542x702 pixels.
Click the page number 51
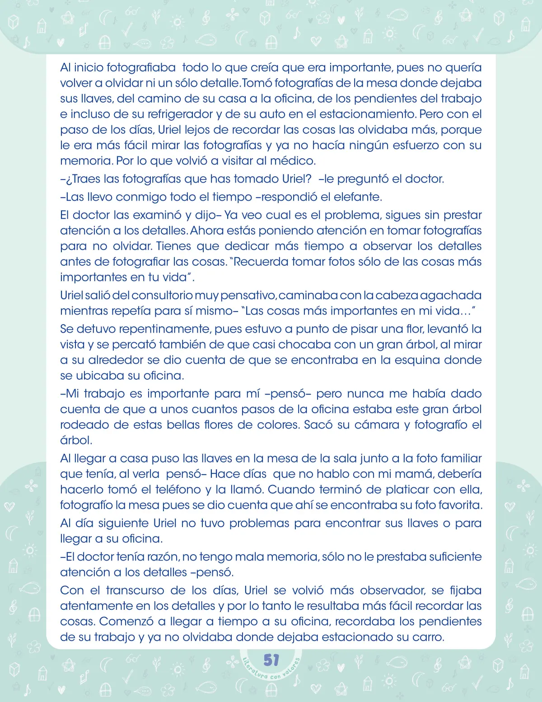tap(271, 660)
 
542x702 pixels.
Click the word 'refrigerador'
tap(180, 114)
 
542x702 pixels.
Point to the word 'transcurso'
tap(135, 590)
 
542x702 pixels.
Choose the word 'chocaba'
tap(305, 344)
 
